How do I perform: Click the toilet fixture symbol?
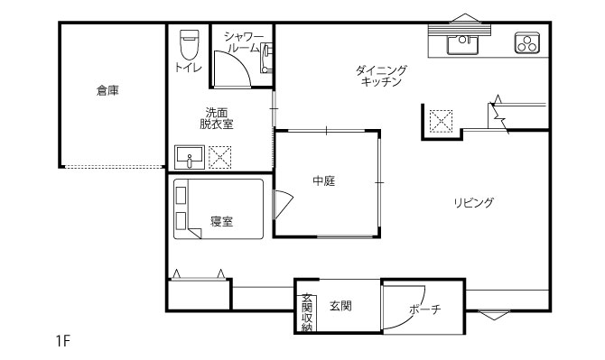click(189, 44)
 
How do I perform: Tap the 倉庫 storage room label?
click(107, 90)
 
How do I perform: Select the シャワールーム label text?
click(243, 42)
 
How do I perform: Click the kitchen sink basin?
click(462, 44)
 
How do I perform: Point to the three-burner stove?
click(526, 42)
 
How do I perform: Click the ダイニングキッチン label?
click(381, 76)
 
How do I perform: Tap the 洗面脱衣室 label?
click(217, 118)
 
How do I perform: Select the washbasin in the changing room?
click(190, 157)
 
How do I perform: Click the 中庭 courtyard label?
click(324, 180)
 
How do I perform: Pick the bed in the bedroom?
click(219, 208)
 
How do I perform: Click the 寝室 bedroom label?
click(222, 222)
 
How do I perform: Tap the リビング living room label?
click(474, 202)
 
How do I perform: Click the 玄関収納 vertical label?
click(307, 312)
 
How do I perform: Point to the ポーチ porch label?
click(424, 309)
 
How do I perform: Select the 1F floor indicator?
click(63, 341)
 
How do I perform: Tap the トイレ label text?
click(188, 68)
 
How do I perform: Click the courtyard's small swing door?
click(284, 204)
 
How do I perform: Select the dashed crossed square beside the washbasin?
click(220, 157)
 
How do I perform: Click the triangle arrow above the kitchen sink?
click(464, 19)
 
